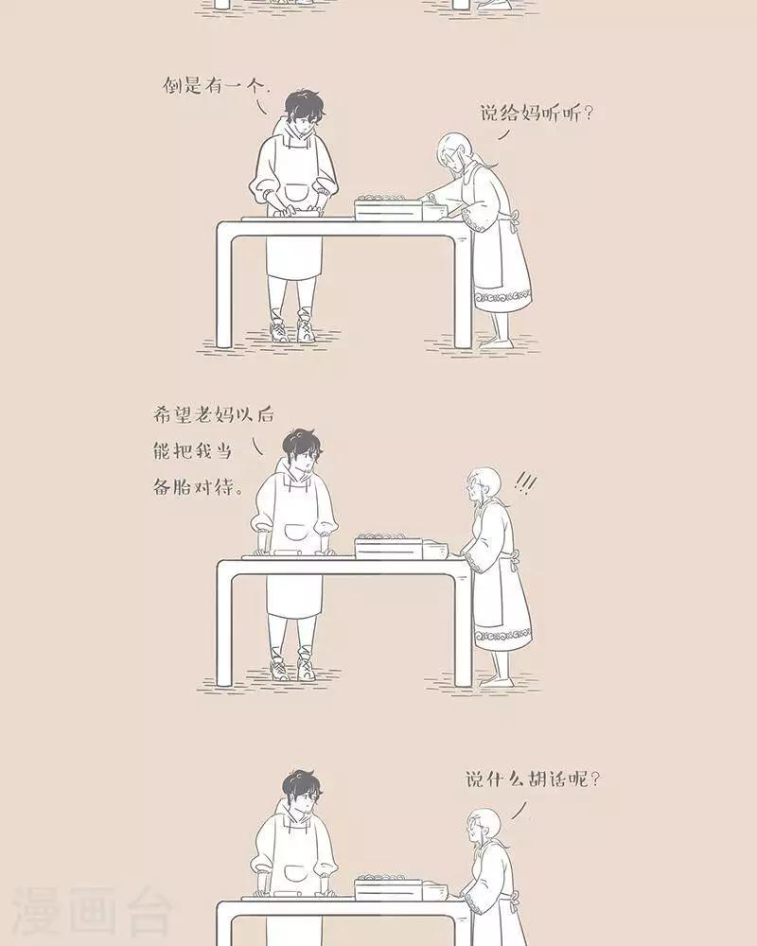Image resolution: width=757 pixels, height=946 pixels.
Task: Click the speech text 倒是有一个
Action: point(215,86)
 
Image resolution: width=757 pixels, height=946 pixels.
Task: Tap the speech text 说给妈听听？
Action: point(537,113)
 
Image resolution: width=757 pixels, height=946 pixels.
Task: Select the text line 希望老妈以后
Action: point(213,414)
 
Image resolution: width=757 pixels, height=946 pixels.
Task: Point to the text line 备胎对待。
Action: point(199,487)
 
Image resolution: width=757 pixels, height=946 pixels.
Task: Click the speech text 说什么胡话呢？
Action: point(534,779)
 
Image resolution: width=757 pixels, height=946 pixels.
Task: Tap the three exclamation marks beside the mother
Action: point(525,482)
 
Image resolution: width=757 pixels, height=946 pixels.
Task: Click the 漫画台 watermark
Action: point(91,911)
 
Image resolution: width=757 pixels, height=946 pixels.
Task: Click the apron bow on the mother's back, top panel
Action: point(514,221)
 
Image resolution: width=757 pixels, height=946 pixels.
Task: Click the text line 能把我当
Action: point(193,450)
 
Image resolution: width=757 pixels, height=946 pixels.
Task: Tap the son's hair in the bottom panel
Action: point(303,785)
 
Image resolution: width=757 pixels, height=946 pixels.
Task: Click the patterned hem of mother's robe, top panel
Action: point(502,296)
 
